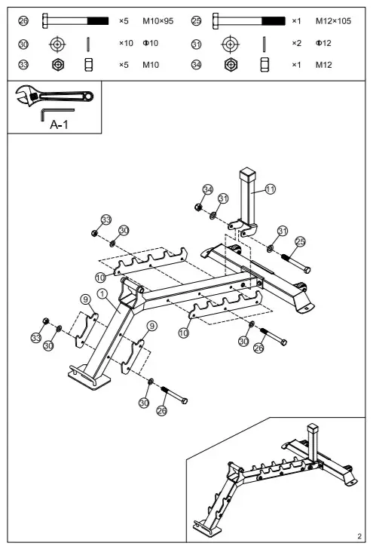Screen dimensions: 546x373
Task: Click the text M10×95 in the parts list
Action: coord(157,21)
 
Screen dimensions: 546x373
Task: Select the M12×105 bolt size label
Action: coord(333,21)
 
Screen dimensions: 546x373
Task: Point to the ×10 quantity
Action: coord(126,43)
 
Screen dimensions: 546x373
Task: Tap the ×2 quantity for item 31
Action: coord(297,43)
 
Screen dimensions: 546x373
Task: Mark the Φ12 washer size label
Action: coord(323,43)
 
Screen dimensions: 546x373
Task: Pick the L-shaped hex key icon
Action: coord(56,112)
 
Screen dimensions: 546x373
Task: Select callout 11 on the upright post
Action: coord(270,189)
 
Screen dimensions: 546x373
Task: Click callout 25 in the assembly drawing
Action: coord(300,241)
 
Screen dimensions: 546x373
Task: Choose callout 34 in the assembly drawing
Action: coord(208,189)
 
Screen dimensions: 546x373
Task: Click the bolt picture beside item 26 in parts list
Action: coord(75,21)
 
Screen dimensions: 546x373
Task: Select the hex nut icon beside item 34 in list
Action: coord(231,65)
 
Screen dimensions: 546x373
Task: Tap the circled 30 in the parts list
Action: coord(23,43)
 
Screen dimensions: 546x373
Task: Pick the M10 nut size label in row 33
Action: coord(151,65)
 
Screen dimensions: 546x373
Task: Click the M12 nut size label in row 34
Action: coord(323,65)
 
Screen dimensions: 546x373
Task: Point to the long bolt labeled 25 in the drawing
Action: coord(298,262)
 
